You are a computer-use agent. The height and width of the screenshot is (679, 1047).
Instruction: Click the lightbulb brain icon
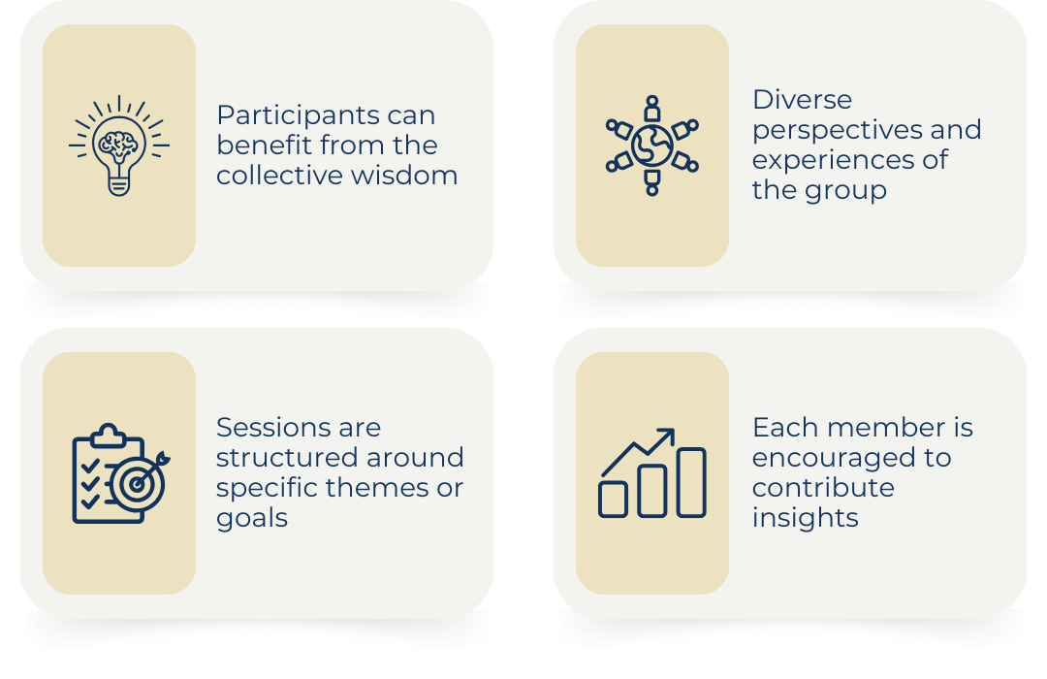pos(119,145)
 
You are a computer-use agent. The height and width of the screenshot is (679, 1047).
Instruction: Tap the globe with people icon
pos(652,145)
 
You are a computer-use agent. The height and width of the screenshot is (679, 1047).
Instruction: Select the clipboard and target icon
pos(121,473)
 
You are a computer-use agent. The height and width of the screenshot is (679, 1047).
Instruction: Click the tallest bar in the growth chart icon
pos(691,482)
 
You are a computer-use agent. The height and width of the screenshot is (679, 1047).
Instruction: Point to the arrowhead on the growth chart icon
pos(666,436)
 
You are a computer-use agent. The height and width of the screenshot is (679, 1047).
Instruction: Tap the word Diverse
pos(802,100)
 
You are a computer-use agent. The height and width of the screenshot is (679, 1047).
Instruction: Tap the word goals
pos(252,519)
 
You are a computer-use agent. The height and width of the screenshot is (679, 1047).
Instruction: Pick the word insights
pos(806,519)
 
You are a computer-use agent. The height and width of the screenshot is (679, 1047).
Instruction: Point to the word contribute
pos(823,488)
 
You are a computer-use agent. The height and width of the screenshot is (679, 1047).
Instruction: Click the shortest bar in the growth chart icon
pos(613,500)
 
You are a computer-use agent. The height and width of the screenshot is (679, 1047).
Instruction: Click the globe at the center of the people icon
pos(652,145)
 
